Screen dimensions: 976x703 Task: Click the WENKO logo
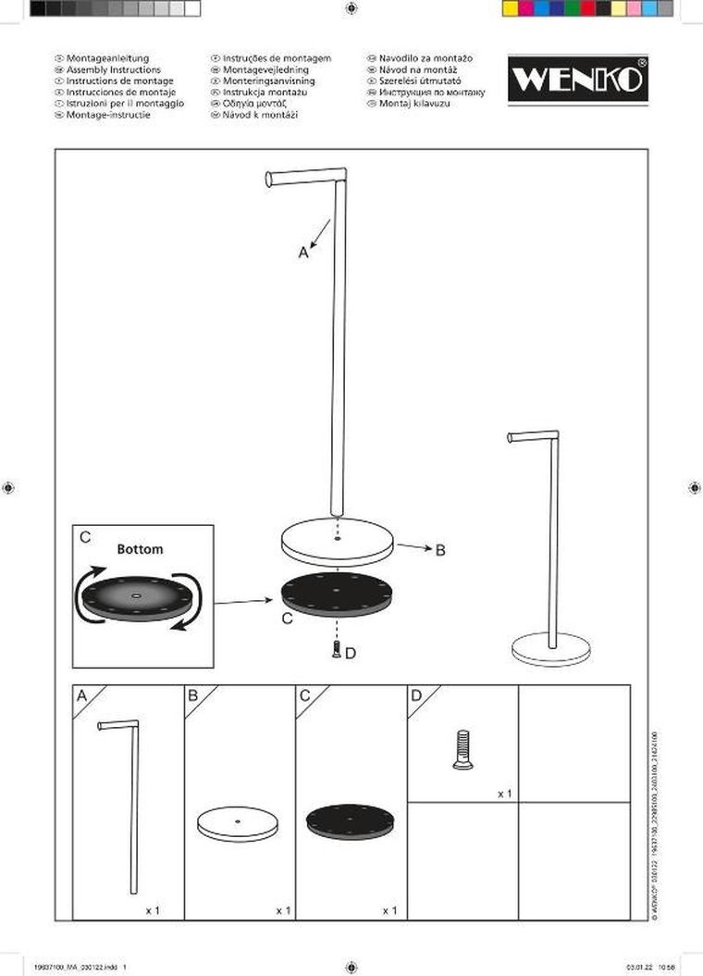[577, 80]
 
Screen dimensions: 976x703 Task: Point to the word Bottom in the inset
[140, 549]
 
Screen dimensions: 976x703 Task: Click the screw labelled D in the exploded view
[337, 650]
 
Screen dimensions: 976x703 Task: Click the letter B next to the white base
[440, 550]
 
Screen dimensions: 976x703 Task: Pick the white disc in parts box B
[238, 823]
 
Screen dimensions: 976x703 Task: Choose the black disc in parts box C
[350, 820]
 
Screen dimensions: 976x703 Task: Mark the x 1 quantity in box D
[504, 794]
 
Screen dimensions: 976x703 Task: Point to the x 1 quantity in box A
[153, 910]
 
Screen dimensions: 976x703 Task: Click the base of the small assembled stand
[551, 648]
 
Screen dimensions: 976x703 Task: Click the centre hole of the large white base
[338, 536]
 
